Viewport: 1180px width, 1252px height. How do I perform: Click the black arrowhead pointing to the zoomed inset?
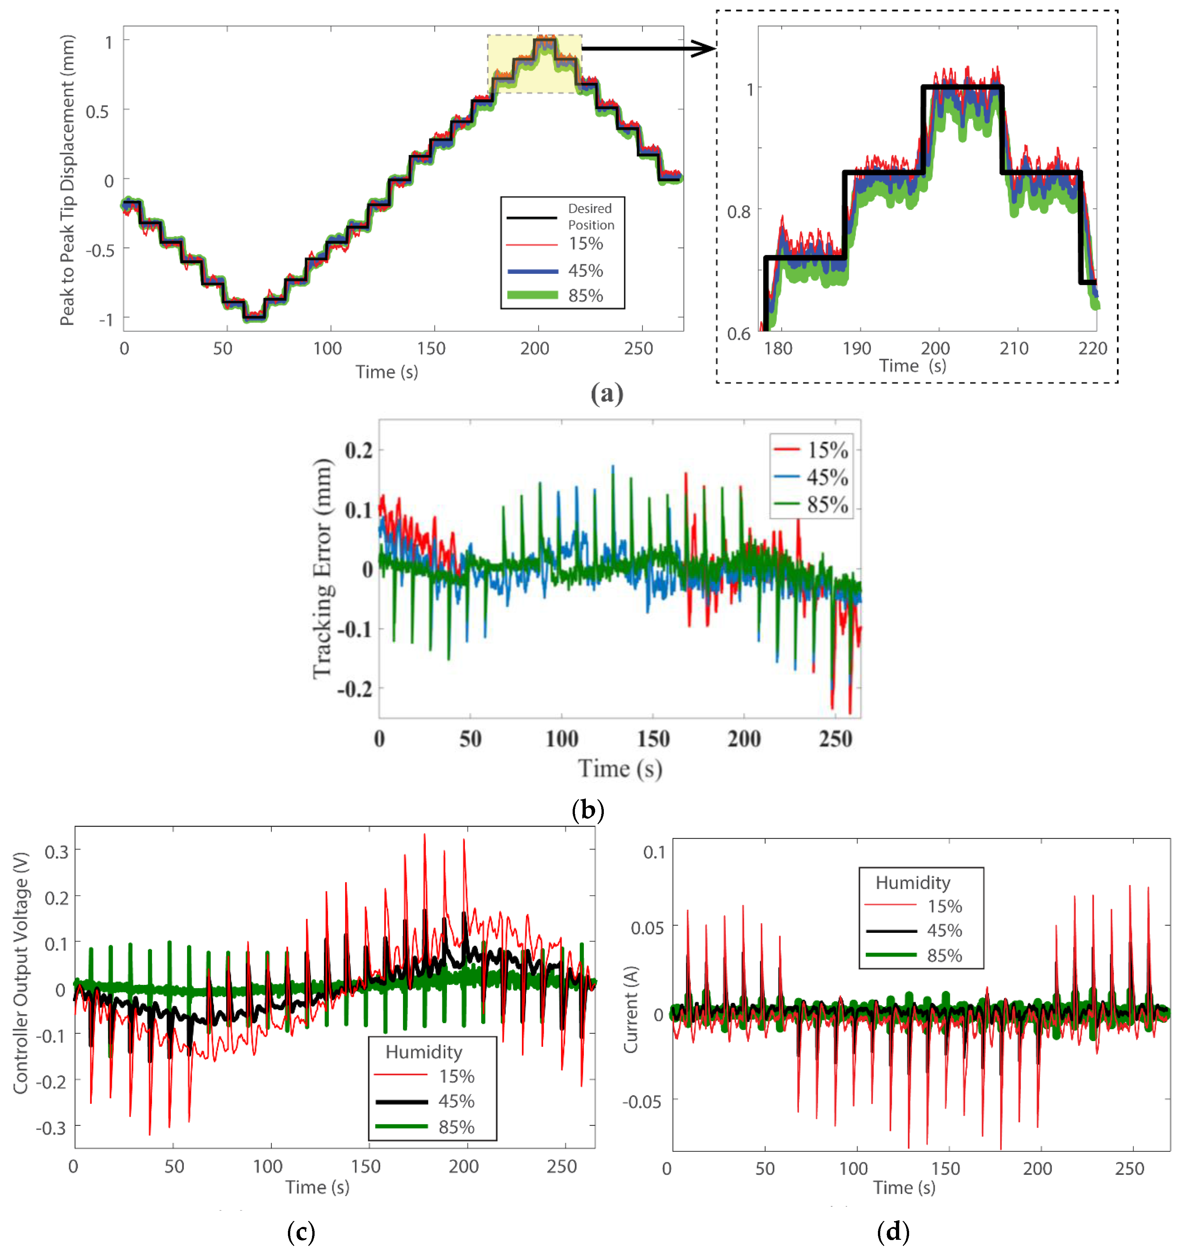pos(704,48)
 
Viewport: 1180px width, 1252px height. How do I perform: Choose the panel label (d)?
pos(892,1231)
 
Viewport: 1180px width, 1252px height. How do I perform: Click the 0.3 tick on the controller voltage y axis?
pos(56,852)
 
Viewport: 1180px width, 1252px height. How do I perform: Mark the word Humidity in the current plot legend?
pos(912,882)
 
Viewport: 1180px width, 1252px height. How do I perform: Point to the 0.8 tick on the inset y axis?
pos(738,211)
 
